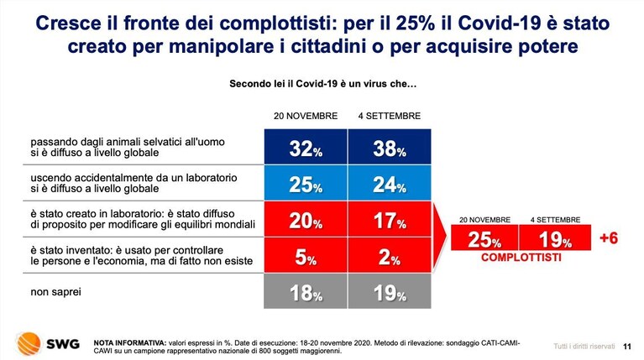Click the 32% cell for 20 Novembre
click(306, 147)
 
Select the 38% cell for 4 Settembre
click(390, 147)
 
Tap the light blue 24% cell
click(390, 183)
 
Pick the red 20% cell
click(306, 219)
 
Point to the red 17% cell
click(390, 219)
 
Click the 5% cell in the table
click(306, 255)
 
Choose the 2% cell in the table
click(390, 255)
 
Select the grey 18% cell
click(306, 291)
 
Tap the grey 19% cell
click(390, 291)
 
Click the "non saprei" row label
click(56, 292)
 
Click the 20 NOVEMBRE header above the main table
click(306, 116)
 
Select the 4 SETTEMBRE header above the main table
click(390, 116)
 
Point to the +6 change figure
click(608, 238)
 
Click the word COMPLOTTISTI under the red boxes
click(521, 258)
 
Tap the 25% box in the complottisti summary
click(484, 237)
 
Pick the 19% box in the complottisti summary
click(555, 237)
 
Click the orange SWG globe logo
click(29, 343)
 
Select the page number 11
click(626, 347)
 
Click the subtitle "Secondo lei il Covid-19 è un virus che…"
click(322, 84)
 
